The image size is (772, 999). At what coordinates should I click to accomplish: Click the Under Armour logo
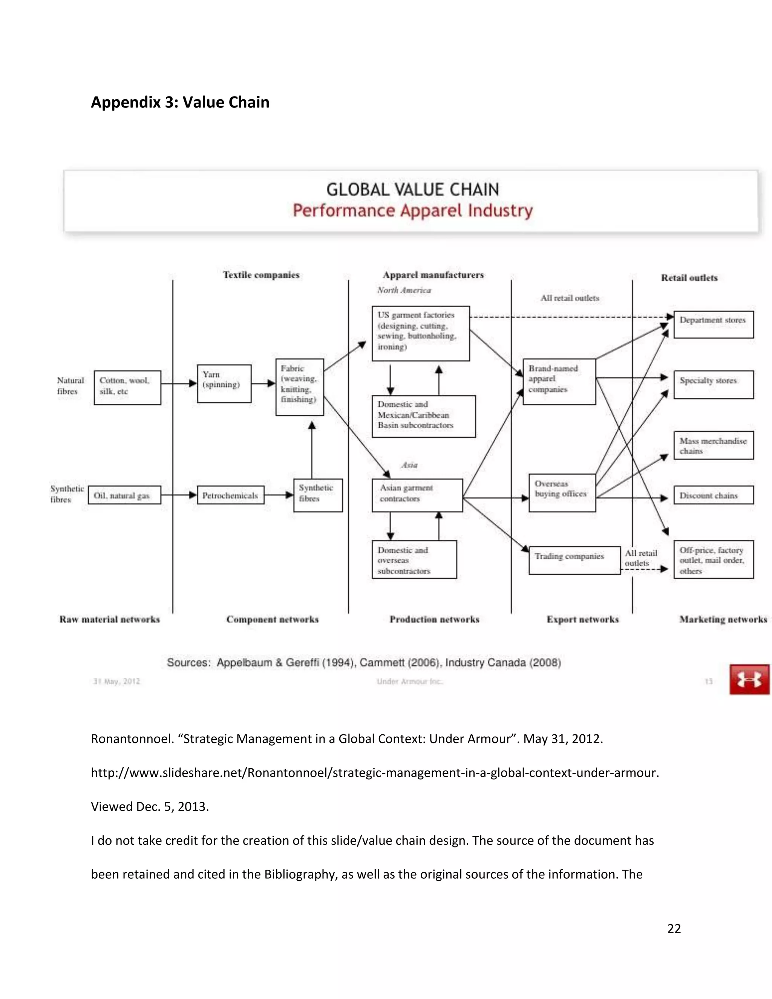point(749,679)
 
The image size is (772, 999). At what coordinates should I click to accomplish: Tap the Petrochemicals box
point(230,495)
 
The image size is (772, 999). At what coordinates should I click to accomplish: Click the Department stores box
point(713,324)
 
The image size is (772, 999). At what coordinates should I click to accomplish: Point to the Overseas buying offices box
point(562,492)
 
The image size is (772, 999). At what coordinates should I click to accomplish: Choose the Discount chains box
point(713,495)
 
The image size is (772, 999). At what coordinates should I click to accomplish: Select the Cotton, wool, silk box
point(127,387)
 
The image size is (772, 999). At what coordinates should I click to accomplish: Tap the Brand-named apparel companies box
point(559,381)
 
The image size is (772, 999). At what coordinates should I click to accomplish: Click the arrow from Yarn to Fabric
point(263,383)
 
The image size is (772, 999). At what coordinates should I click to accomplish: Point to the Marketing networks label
point(723,619)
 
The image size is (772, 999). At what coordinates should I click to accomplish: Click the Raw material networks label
point(109,619)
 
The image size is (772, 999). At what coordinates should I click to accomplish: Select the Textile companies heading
point(261,274)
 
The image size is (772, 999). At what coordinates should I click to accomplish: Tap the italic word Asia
point(409,465)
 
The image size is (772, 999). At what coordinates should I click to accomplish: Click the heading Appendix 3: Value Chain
point(180,102)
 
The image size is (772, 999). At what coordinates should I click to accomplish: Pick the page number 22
point(674,928)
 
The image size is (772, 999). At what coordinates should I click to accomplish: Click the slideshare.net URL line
point(375,772)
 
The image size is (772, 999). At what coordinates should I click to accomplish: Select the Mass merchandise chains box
point(713,445)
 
